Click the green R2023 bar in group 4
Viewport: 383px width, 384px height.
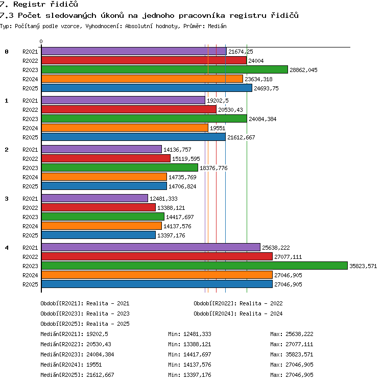coord(195,266)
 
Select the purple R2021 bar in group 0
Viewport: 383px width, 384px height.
coord(134,51)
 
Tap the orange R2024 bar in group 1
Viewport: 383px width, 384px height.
coord(125,128)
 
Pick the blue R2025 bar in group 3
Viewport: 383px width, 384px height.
coord(99,235)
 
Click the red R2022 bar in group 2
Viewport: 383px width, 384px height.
coord(106,158)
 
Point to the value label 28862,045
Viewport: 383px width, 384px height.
coord(303,70)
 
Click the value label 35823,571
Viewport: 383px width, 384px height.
coord(363,266)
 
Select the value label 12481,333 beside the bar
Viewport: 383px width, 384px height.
coord(163,199)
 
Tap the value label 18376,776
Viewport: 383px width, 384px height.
coord(213,168)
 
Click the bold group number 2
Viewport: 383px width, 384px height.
coord(7,150)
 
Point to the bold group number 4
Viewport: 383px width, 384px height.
coord(7,248)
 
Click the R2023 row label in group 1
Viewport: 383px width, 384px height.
coord(30,119)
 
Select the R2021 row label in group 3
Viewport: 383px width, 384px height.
coord(30,199)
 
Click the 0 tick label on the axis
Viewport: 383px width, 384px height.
coord(41,41)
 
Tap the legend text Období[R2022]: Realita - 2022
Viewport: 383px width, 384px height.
coord(238,303)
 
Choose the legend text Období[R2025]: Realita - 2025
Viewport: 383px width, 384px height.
coord(85,324)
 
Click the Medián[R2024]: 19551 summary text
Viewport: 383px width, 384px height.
coord(71,365)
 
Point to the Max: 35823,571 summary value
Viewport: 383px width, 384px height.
coord(292,354)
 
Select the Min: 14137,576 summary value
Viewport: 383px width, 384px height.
coord(189,365)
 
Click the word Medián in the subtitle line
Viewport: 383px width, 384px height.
coord(217,26)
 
